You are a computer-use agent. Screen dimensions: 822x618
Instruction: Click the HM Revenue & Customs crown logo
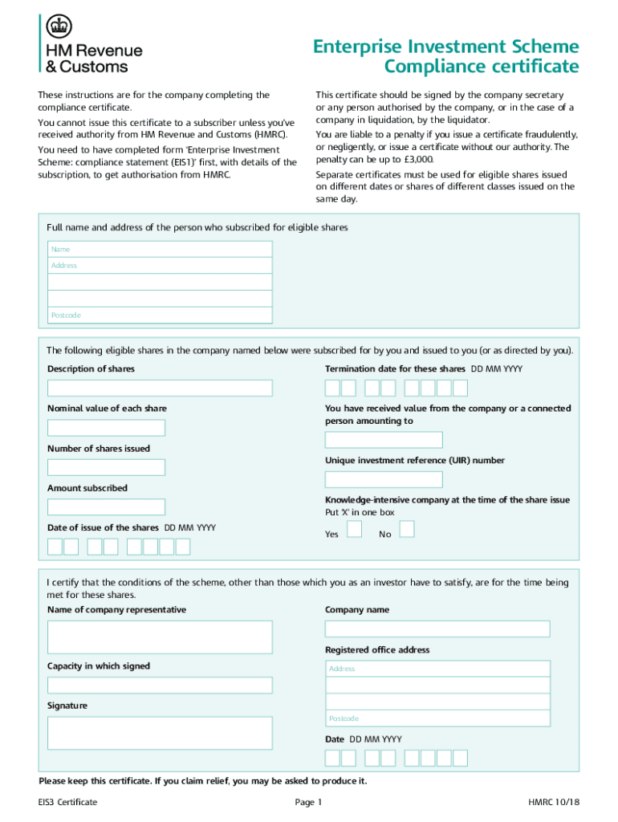pos(57,28)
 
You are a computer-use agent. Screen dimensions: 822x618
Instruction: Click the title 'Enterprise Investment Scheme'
pos(445,46)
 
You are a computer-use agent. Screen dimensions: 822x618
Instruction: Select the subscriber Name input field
pos(160,249)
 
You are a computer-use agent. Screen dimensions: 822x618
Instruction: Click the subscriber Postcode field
pos(160,315)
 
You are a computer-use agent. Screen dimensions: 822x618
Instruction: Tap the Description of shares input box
pos(160,389)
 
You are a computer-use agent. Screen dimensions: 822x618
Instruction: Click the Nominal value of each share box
pos(106,428)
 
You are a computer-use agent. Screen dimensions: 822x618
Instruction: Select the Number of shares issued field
pos(106,467)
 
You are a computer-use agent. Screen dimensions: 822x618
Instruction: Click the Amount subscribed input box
pos(106,507)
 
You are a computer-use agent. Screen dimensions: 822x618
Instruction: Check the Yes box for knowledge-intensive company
pos(354,529)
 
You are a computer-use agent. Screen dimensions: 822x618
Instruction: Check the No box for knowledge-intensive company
pos(407,529)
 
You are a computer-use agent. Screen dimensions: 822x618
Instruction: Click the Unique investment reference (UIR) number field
pos(383,480)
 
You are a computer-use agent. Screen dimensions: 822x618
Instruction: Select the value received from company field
pos(383,440)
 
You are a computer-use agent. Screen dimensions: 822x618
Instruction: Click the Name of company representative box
pos(160,637)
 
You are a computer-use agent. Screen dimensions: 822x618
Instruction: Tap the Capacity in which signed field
pos(160,686)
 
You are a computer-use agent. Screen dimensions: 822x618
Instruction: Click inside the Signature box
pos(160,733)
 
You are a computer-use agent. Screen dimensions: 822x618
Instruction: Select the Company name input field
pos(437,629)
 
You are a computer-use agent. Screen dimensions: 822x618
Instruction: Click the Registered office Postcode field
pos(437,718)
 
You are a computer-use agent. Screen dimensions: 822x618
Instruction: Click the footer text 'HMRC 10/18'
pos(553,802)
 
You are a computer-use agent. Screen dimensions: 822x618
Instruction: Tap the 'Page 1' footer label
pos(308,802)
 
